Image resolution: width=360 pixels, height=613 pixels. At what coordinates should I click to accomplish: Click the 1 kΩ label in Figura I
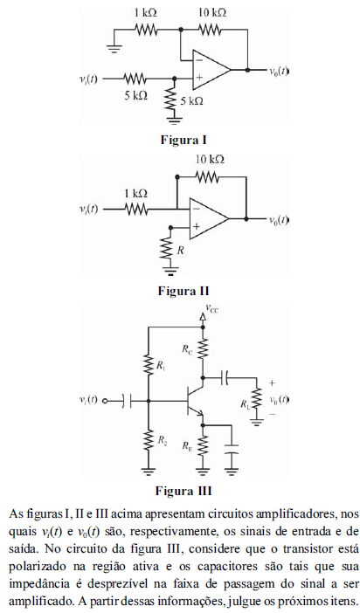[x=146, y=12]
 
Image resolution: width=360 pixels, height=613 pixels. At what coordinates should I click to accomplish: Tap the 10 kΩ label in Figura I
[x=211, y=12]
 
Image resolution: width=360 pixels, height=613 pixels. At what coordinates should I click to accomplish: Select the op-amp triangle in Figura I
[x=211, y=70]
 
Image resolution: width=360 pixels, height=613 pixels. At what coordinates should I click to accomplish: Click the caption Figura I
[x=183, y=140]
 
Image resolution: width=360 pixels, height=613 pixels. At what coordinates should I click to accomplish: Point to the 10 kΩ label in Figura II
[x=210, y=160]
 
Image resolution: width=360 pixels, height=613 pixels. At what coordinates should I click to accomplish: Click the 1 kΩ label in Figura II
[x=135, y=193]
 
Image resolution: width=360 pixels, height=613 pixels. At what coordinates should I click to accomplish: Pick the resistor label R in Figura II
[x=180, y=251]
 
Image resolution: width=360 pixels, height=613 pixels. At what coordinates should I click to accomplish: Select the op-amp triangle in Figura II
[x=209, y=218]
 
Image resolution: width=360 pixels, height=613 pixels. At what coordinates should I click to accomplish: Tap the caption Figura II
[x=183, y=291]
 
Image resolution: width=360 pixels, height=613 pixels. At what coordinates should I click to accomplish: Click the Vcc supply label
[x=212, y=309]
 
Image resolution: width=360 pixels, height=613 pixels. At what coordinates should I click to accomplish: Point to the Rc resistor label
[x=187, y=349]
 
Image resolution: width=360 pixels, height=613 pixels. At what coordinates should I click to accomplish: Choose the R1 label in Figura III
[x=161, y=366]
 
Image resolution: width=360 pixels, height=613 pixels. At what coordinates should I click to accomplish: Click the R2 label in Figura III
[x=162, y=440]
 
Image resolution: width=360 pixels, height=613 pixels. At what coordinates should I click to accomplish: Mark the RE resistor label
[x=187, y=445]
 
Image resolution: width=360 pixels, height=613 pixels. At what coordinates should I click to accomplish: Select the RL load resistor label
[x=246, y=404]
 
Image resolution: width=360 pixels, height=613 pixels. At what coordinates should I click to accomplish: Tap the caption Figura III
[x=183, y=491]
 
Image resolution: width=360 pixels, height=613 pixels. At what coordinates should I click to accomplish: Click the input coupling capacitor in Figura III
[x=127, y=401]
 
